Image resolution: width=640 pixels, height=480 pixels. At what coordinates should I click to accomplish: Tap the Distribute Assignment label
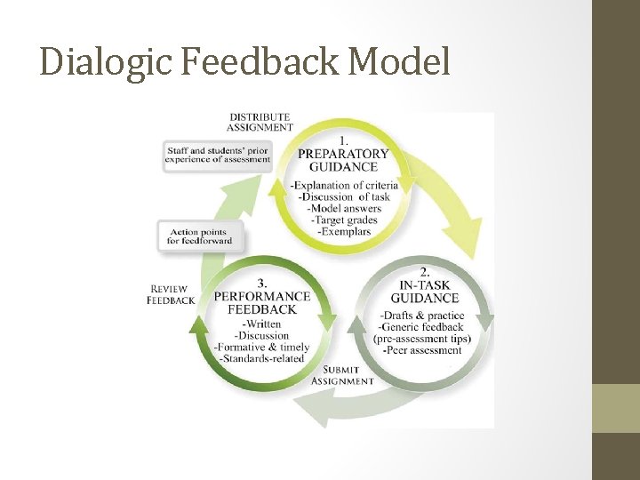coord(260,122)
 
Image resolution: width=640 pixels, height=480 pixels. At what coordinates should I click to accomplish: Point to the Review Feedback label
coord(171,294)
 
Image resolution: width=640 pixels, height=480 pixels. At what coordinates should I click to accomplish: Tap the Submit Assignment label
coord(342,375)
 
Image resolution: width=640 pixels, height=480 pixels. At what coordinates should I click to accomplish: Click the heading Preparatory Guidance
coord(343,160)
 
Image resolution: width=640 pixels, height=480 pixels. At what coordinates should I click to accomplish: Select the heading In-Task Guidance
coord(424,291)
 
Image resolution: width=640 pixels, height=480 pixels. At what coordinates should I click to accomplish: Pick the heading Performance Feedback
coord(262,302)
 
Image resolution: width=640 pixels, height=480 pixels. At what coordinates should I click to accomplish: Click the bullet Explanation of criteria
coord(344,185)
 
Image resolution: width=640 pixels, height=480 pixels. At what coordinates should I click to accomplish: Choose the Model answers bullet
coord(344,208)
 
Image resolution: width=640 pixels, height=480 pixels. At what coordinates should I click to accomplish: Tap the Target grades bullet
coord(344,220)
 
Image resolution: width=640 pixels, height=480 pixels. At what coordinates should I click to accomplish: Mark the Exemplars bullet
coord(344,231)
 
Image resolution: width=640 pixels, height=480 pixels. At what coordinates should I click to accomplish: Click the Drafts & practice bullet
coord(421,316)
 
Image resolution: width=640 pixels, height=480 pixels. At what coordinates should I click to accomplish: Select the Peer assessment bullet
coord(423,350)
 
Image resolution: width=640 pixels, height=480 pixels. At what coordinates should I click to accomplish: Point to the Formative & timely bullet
coord(262,348)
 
